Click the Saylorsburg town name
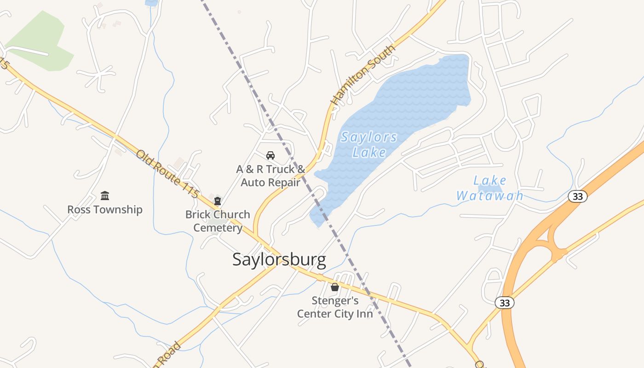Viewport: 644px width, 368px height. pos(279,260)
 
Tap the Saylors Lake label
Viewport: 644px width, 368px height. pos(369,144)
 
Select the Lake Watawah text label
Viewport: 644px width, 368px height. pos(490,188)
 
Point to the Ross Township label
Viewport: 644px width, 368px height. pos(105,210)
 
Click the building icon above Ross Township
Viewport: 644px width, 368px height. pos(105,196)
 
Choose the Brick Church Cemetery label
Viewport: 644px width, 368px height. pos(218,221)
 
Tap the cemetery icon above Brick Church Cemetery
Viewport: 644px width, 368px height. pos(218,201)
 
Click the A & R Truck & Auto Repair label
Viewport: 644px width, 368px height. pos(270,176)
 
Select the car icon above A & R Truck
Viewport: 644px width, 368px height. pos(270,155)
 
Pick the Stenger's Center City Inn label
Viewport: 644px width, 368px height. pos(335,307)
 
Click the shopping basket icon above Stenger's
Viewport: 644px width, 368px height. pos(335,287)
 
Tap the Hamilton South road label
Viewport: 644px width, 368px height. pos(363,75)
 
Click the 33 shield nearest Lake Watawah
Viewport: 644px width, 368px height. pos(578,196)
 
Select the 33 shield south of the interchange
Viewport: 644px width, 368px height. pos(505,303)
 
